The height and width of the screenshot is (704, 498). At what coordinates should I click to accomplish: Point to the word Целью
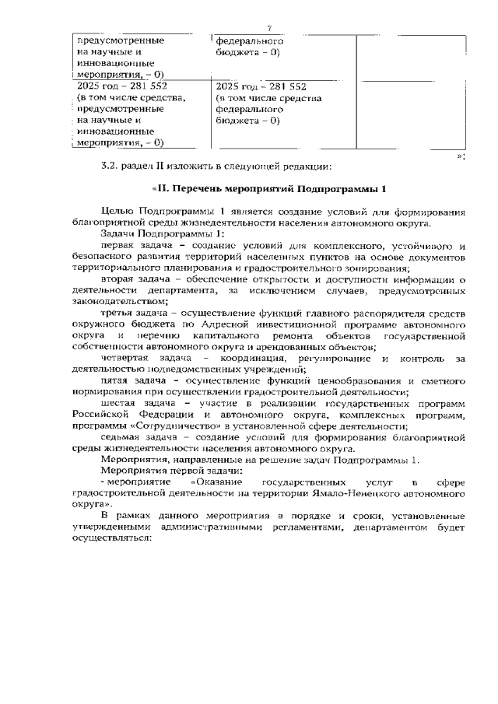(x=118, y=212)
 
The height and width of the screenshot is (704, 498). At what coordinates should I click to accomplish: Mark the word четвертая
(x=130, y=358)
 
